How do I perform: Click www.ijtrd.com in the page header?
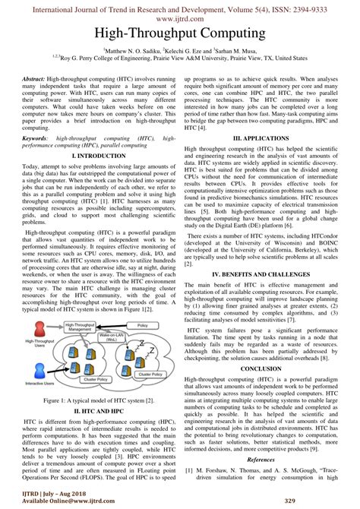point(180,18)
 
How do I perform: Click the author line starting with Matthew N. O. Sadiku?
point(180,50)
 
